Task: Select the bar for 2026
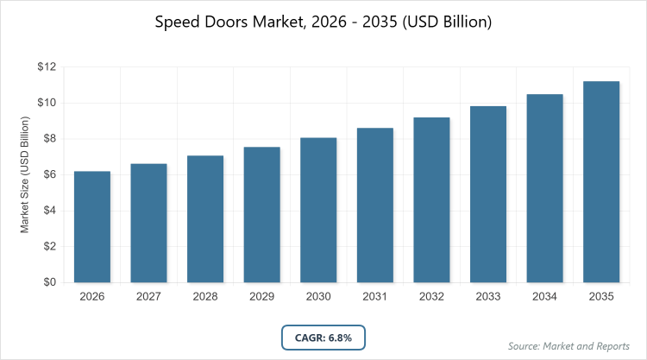(x=91, y=226)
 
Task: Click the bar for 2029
(x=261, y=214)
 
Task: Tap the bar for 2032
(x=432, y=199)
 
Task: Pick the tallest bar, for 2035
(x=602, y=181)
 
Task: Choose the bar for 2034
(x=545, y=188)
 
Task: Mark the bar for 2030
(x=318, y=210)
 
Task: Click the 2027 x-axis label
(x=148, y=297)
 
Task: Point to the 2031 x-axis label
(x=375, y=297)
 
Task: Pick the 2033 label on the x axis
(x=488, y=297)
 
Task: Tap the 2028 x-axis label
(x=205, y=297)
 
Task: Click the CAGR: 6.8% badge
(x=323, y=337)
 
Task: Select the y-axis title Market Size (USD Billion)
(x=25, y=174)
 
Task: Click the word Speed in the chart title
(x=177, y=22)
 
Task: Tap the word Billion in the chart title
(x=463, y=22)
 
